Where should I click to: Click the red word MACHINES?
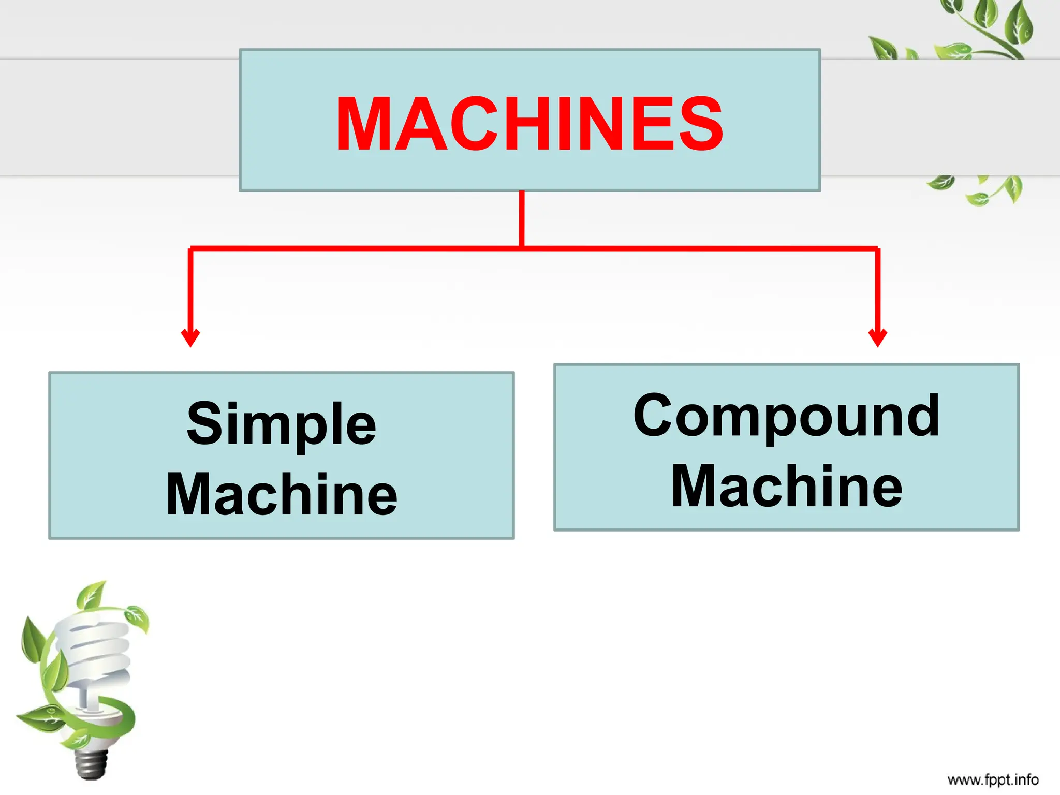coord(529,124)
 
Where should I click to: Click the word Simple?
coord(281,424)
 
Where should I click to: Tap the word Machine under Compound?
coord(786,486)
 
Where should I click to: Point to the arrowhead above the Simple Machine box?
coord(190,337)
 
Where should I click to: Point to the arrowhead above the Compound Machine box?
coord(878,337)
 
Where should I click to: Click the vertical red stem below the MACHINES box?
coord(522,217)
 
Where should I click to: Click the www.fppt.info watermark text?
coord(993,779)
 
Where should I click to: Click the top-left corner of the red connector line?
coord(191,249)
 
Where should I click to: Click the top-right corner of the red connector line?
coord(878,249)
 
